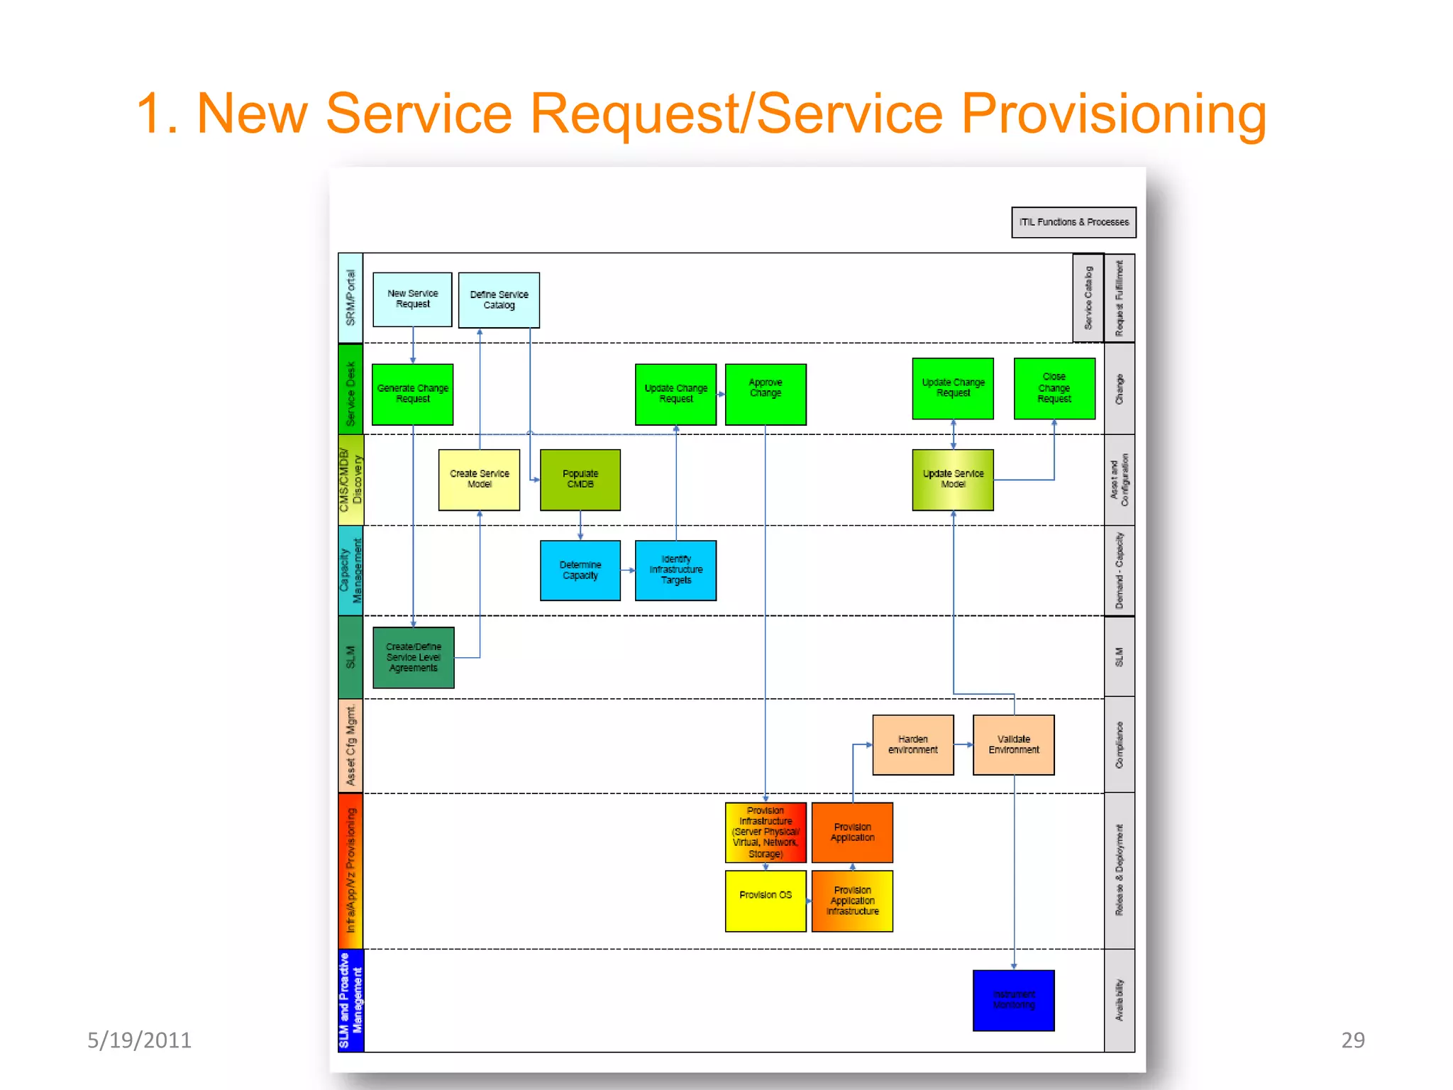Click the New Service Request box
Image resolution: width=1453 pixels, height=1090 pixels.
[412, 299]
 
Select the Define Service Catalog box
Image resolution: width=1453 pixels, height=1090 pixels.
[499, 299]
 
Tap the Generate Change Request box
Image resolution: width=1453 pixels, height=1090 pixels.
[412, 394]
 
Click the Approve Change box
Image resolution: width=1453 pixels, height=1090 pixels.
[766, 394]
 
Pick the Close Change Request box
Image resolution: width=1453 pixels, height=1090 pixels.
[1054, 388]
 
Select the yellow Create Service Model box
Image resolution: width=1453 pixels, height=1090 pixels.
[479, 479]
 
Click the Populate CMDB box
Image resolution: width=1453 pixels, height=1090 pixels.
[580, 479]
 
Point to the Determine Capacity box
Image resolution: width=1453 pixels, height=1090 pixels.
[580, 570]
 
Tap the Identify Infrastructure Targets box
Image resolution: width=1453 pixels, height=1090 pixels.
[675, 570]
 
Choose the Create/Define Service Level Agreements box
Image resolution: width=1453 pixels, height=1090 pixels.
[413, 657]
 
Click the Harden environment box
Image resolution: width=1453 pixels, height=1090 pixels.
[912, 744]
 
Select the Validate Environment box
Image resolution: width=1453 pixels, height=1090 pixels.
[1013, 744]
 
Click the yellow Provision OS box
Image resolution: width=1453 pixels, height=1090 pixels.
[765, 900]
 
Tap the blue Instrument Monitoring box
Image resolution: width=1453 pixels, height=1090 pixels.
[1013, 999]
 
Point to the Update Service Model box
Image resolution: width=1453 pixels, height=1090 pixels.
[953, 479]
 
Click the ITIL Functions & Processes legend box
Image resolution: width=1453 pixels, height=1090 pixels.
[1073, 222]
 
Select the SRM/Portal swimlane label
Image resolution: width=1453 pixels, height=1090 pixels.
[350, 298]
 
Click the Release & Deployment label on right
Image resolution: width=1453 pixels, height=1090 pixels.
[1119, 870]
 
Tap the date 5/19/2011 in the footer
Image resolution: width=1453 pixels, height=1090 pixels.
[139, 1040]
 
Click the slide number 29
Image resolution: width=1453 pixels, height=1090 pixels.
[1352, 1040]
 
